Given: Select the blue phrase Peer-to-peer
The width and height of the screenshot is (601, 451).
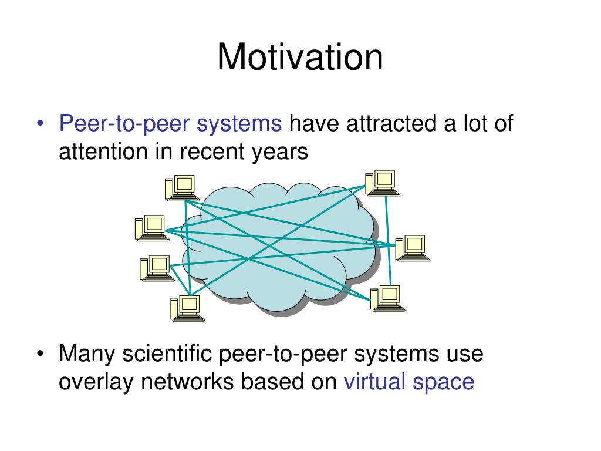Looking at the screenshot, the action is tap(124, 124).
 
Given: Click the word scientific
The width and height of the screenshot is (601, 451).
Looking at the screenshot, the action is tap(166, 354).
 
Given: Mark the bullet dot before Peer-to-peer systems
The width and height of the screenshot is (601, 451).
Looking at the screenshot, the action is tap(40, 124).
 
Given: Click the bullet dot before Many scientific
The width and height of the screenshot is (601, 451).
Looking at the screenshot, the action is tap(40, 355).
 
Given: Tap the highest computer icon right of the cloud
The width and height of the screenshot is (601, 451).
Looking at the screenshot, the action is tap(382, 183).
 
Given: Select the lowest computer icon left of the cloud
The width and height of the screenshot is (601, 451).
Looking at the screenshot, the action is tap(187, 308).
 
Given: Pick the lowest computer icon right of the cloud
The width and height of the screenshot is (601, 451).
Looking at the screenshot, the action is tap(387, 298).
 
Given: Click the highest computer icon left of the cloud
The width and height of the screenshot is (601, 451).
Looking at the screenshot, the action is tap(181, 188).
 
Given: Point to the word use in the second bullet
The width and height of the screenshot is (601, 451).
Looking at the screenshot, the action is tap(464, 355).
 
